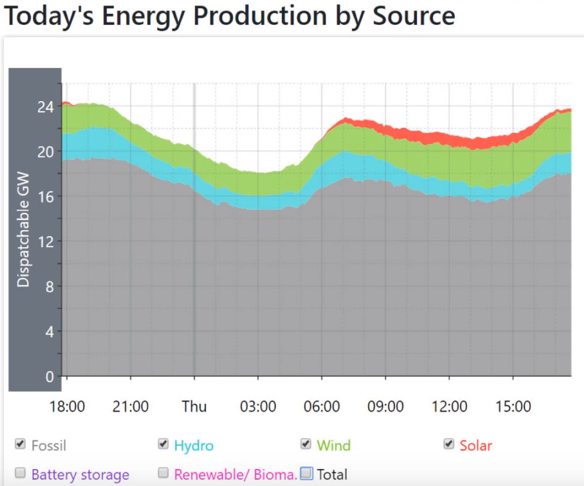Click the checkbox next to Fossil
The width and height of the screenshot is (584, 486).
[20, 444]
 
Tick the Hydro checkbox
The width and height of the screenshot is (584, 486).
[163, 444]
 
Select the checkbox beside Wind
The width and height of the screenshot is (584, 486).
[306, 444]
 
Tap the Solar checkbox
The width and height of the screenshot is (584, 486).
[449, 444]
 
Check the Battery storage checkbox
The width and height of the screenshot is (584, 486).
[20, 473]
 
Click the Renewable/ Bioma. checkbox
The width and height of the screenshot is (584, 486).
[163, 473]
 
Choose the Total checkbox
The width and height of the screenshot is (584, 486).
[307, 473]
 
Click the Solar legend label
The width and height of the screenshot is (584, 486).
[476, 446]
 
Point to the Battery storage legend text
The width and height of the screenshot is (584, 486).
[80, 475]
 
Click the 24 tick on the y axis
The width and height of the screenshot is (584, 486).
[45, 107]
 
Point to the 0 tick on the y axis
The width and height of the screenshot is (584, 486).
[50, 377]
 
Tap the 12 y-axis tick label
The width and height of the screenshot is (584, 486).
[46, 242]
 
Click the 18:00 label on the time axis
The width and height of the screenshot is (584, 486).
[67, 407]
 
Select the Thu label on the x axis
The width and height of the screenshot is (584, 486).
[194, 407]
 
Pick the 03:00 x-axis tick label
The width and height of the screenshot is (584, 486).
[258, 407]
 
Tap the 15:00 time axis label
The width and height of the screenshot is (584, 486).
[513, 407]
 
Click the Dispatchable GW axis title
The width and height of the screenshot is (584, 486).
[23, 229]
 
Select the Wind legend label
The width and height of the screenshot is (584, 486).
[333, 446]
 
